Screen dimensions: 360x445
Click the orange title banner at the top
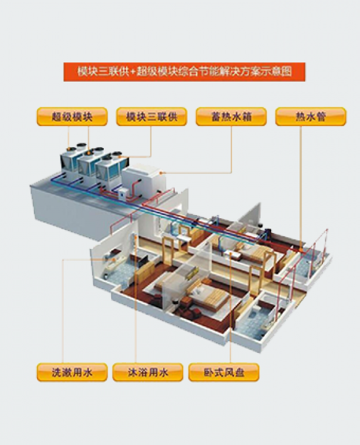coord(184,72)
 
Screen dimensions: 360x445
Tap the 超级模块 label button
coord(72,117)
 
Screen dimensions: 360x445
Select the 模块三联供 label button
coord(152,117)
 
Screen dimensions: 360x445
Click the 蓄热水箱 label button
coord(232,117)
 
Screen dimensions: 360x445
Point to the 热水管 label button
coord(311,117)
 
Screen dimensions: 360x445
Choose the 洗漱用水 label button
coord(72,372)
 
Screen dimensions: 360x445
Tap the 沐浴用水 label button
coord(148,372)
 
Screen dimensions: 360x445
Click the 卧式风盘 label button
coord(224,372)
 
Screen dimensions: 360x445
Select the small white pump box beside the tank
coord(123,195)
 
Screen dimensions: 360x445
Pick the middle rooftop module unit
coord(89,165)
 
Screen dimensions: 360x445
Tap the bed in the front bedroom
coord(208,295)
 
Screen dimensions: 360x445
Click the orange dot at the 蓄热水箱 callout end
coord(161,172)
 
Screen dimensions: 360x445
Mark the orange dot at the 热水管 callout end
coord(301,250)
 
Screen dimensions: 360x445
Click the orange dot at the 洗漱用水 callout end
coord(114,260)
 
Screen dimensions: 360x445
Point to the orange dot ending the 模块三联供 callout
coord(119,156)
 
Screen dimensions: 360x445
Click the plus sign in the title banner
coord(133,72)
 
